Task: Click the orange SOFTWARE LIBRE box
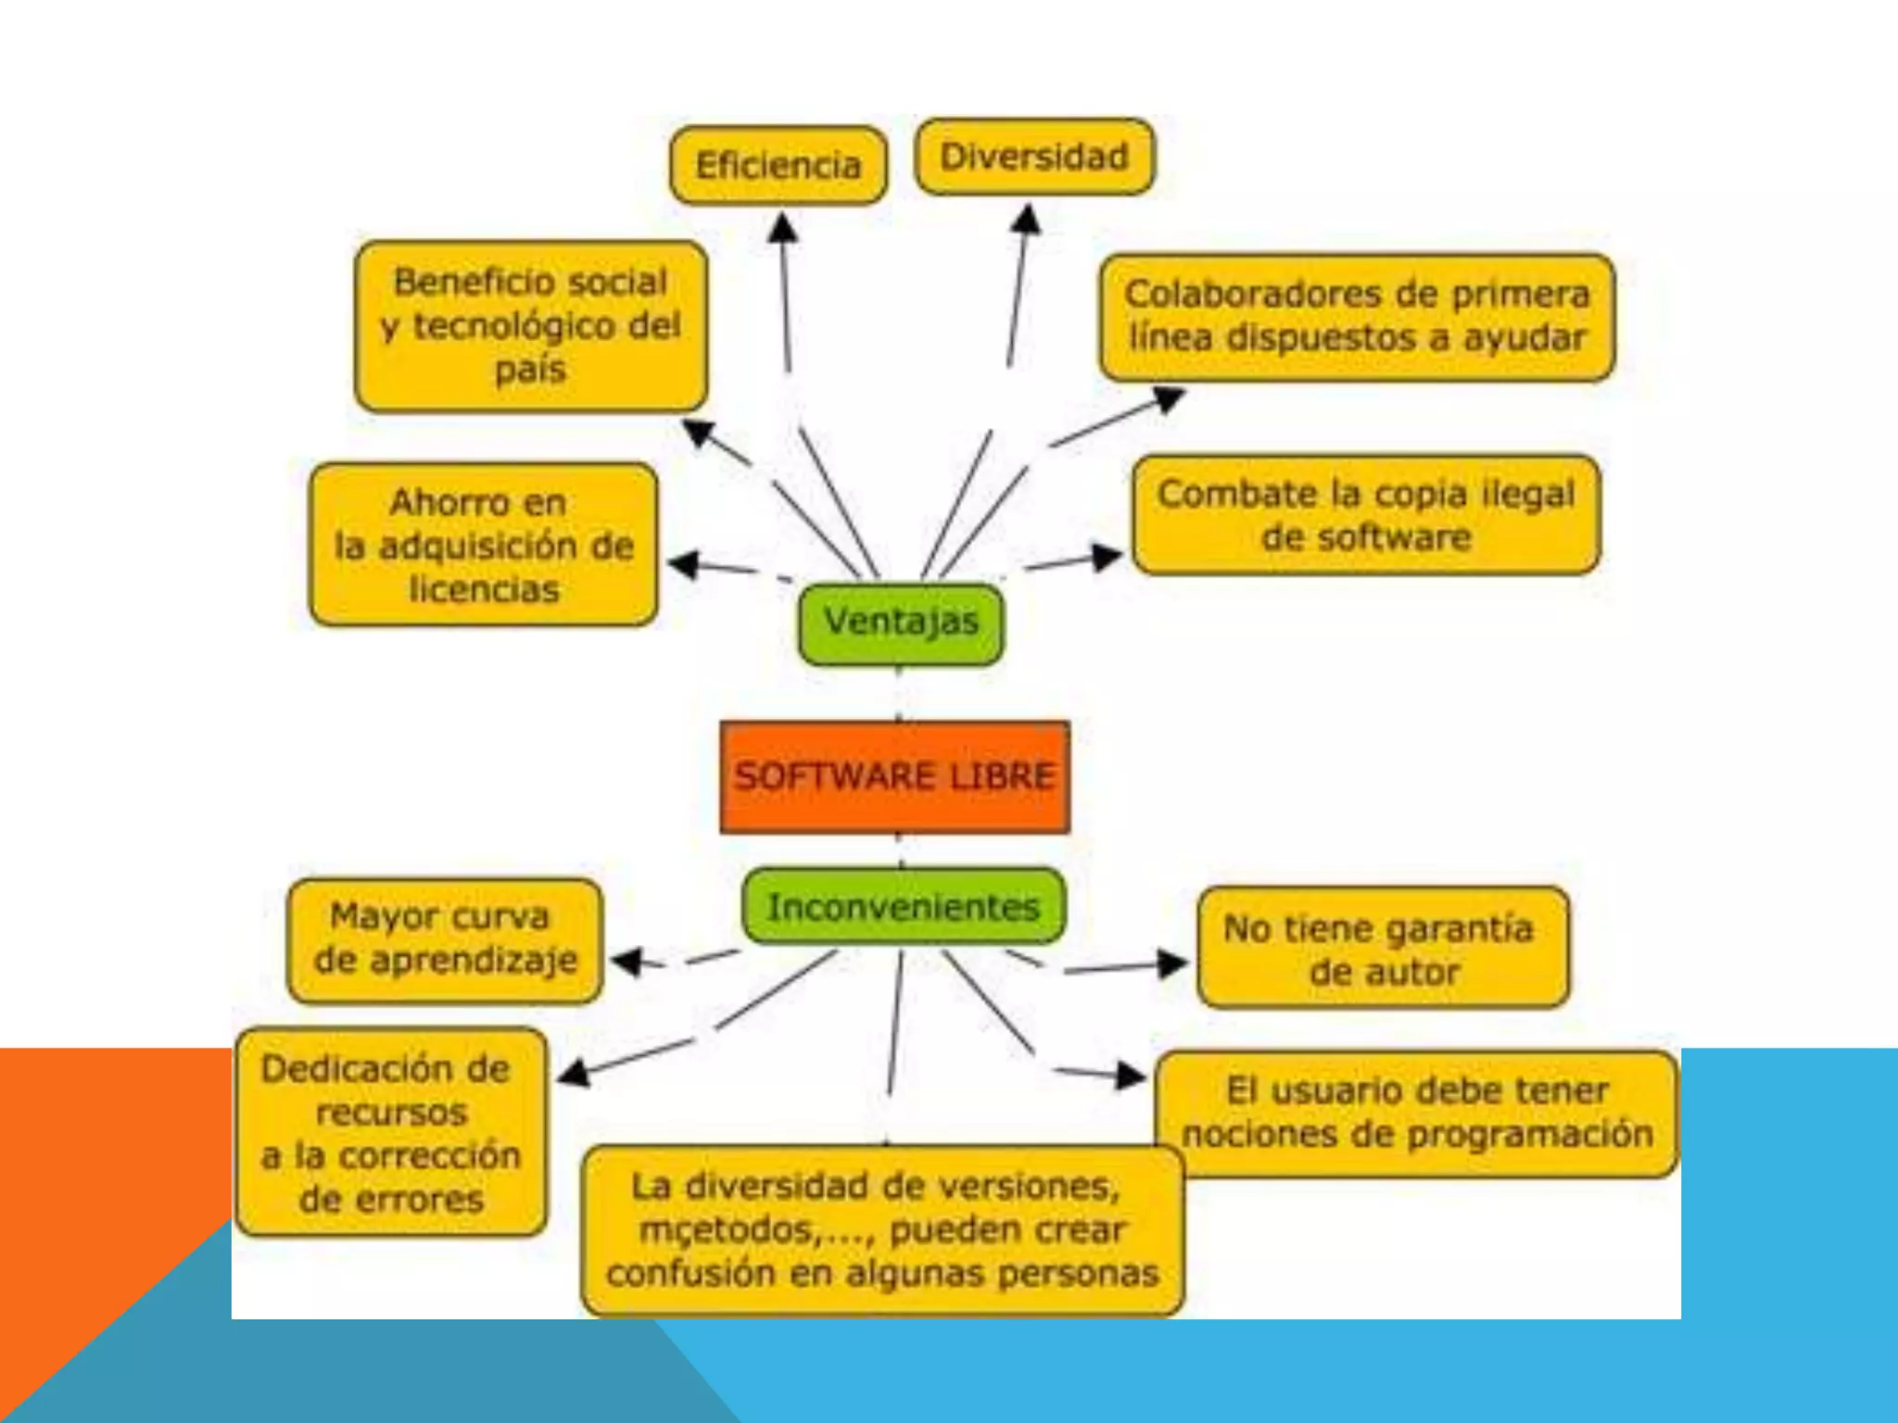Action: [x=894, y=776]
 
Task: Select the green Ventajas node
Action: [x=901, y=623]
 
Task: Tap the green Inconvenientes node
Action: [x=904, y=907]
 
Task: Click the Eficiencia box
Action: [x=778, y=166]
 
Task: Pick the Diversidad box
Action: [x=1034, y=157]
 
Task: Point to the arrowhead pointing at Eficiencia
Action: [x=783, y=226]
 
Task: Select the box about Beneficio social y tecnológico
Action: [x=530, y=326]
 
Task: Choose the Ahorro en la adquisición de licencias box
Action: [x=484, y=546]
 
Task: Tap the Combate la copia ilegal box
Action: [x=1366, y=515]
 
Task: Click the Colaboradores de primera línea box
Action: [x=1357, y=317]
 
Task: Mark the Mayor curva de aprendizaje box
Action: [x=445, y=939]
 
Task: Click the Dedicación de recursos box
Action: [x=390, y=1132]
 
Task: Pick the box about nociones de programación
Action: [x=1417, y=1113]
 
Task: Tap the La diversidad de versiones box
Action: [x=882, y=1230]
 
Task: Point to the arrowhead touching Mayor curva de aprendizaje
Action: [x=626, y=961]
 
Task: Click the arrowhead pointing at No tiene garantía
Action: [x=1173, y=964]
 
